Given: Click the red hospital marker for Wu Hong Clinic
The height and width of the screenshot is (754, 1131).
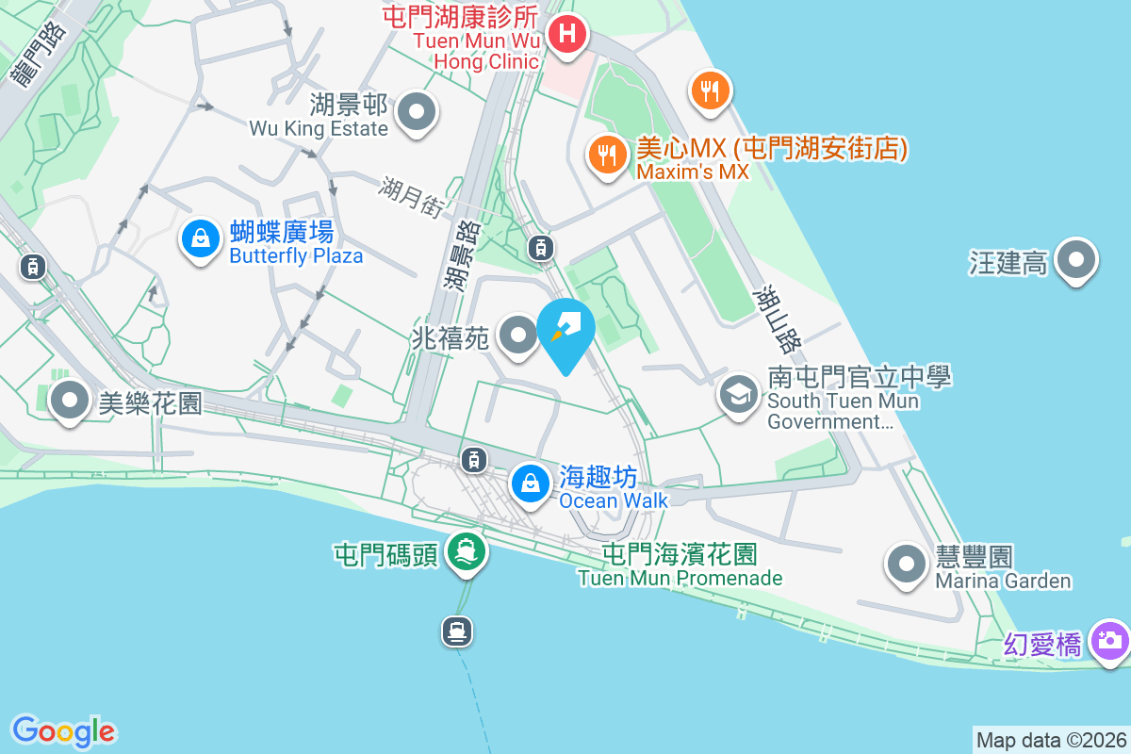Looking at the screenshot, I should (566, 36).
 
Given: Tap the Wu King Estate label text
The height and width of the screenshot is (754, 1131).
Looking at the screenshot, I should (319, 128).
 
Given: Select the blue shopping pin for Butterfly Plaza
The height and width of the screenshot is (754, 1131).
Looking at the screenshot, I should (201, 239).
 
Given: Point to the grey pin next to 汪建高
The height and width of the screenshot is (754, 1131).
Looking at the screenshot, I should (1076, 259).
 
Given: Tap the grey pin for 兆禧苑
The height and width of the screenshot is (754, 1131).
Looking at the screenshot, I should (516, 335).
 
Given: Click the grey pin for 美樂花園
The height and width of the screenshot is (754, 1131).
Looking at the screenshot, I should (69, 402).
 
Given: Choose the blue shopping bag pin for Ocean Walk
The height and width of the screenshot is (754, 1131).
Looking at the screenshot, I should (531, 484).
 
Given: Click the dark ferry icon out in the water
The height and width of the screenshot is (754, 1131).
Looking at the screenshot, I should (457, 631).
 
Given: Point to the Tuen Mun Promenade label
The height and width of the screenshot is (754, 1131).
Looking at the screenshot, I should (680, 578).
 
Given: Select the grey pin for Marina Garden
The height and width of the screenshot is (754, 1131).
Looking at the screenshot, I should (907, 564).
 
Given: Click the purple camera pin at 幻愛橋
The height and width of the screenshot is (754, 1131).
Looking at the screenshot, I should (1109, 642).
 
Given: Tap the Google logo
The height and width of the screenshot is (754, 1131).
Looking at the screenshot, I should (63, 730).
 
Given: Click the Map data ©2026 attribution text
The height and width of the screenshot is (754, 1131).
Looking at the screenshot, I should (1051, 740).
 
